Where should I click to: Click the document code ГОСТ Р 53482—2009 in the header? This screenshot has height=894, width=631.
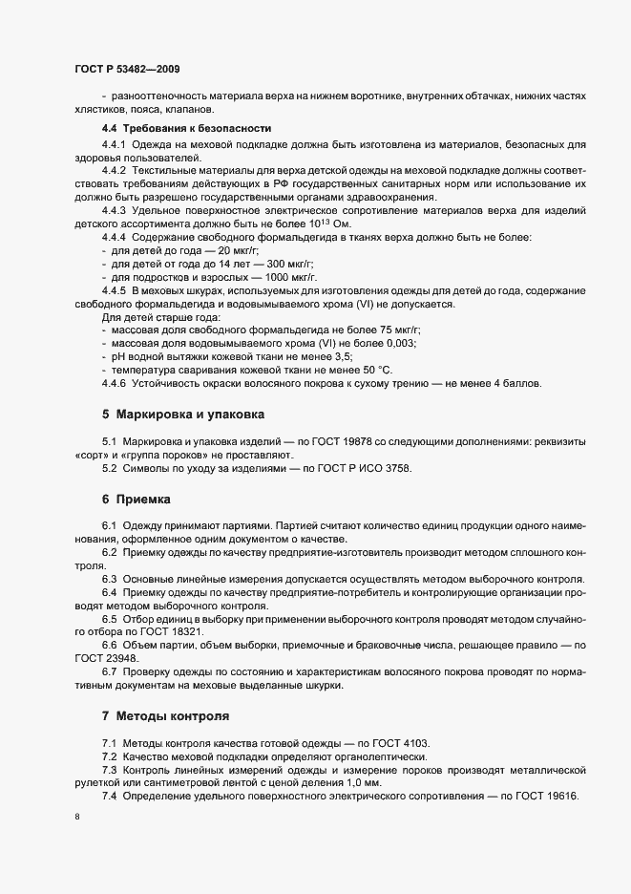coord(126,70)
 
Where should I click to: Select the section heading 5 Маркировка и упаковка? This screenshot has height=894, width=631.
coord(182,415)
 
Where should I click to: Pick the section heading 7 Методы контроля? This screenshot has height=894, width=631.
coord(165,715)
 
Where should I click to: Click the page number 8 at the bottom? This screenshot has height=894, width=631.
coord(76,817)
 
